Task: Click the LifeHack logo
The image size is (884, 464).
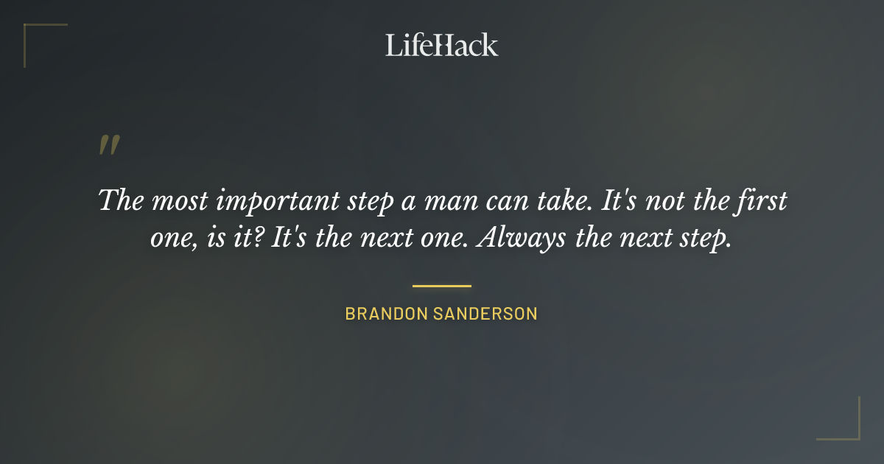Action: pos(442,45)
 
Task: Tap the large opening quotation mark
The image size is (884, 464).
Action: pos(109,145)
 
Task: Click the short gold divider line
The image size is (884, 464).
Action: pos(442,286)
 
